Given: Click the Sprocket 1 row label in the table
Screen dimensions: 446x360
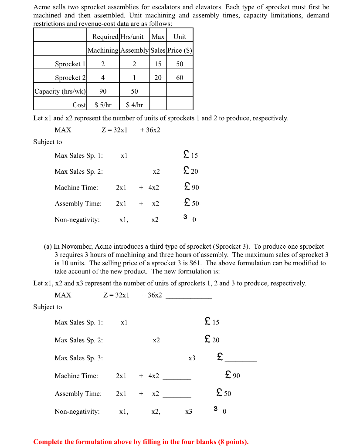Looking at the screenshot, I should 70,64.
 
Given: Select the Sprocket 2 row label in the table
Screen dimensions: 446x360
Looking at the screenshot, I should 70,78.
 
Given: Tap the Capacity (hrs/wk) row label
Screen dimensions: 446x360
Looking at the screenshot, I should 60,91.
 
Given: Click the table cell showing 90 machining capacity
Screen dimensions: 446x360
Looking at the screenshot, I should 103,91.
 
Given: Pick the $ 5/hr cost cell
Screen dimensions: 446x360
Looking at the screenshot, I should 103,105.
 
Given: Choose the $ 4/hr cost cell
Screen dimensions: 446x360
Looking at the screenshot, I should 134,105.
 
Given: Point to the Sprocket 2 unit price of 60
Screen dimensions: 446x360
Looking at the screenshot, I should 180,78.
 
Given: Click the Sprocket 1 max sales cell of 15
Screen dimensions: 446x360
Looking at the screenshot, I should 158,64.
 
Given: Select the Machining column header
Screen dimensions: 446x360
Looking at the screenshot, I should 103,50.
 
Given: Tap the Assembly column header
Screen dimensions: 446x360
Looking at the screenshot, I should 135,50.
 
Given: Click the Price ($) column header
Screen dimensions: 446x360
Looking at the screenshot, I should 180,50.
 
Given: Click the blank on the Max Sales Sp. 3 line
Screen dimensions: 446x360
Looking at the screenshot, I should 240,360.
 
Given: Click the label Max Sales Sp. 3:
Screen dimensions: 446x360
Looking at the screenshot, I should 79,358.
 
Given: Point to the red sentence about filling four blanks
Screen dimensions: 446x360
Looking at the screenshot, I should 141,442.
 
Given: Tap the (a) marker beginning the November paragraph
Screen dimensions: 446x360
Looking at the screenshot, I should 48,247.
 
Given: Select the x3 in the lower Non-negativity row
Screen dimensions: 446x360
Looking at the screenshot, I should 188,411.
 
